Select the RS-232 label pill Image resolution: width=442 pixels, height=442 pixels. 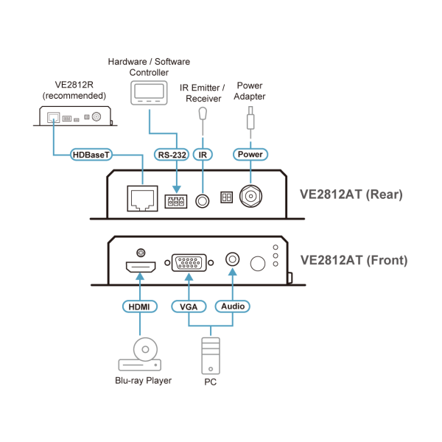pyautogui.click(x=172, y=155)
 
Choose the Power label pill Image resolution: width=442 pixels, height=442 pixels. pyautogui.click(x=249, y=155)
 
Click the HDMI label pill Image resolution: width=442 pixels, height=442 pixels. pyautogui.click(x=138, y=306)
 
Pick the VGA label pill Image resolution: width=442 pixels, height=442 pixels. pyautogui.click(x=187, y=306)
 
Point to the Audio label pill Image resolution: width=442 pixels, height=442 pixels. pyautogui.click(x=233, y=306)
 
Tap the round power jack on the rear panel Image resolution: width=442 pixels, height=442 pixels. pyautogui.click(x=250, y=198)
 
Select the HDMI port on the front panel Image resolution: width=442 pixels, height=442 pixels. pyautogui.click(x=138, y=267)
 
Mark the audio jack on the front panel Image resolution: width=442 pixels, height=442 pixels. pyautogui.click(x=233, y=259)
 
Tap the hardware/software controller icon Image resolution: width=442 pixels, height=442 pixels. pyautogui.click(x=149, y=94)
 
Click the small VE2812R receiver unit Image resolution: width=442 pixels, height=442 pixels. pyautogui.click(x=74, y=116)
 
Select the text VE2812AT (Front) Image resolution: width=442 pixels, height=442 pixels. pyautogui.click(x=354, y=260)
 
